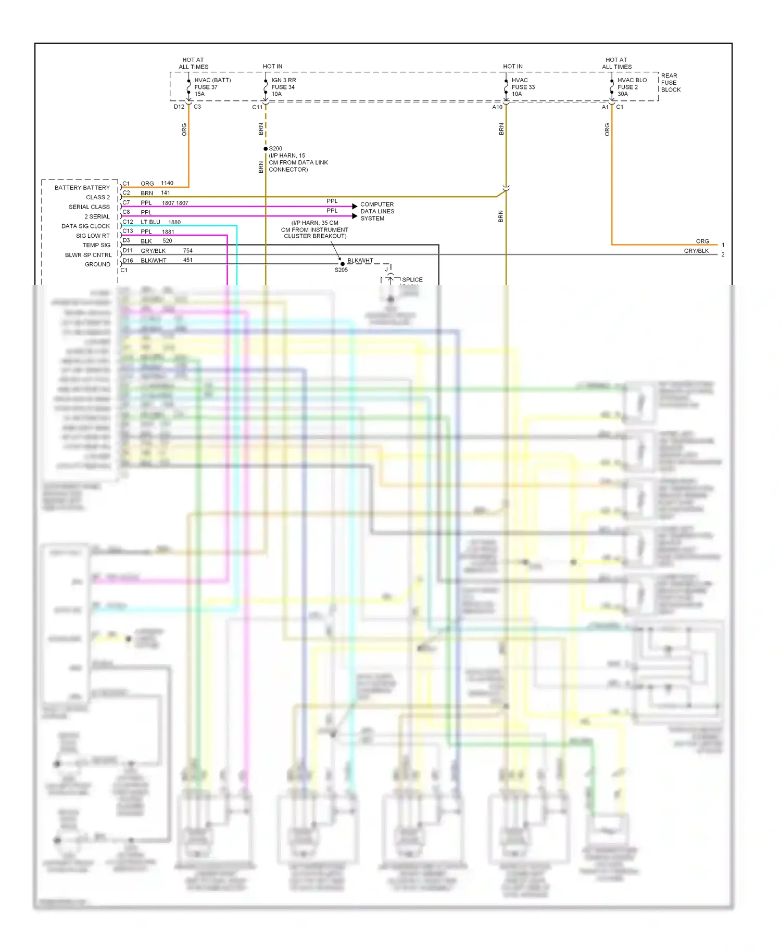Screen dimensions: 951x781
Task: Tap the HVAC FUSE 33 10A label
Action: click(523, 87)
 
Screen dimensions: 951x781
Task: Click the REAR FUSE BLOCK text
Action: click(670, 83)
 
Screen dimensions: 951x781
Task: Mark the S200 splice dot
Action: click(266, 149)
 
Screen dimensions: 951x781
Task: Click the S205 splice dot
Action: click(342, 264)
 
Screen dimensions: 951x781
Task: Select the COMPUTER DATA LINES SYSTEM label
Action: click(377, 211)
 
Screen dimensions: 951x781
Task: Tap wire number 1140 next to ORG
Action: click(167, 183)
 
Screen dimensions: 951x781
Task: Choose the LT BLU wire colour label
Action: click(150, 222)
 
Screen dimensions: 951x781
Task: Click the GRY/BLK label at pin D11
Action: click(153, 251)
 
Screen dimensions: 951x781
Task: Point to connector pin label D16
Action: click(128, 260)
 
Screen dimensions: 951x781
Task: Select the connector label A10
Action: click(497, 107)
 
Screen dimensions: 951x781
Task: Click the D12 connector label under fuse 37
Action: click(179, 107)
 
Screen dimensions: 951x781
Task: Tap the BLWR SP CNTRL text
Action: click(88, 255)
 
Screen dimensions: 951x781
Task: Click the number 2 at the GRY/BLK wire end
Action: click(723, 254)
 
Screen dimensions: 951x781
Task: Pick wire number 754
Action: click(188, 251)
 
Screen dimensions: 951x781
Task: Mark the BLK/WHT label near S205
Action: click(360, 261)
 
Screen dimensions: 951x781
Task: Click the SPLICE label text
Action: click(412, 280)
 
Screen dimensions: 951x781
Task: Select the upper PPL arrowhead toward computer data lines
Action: click(355, 207)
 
